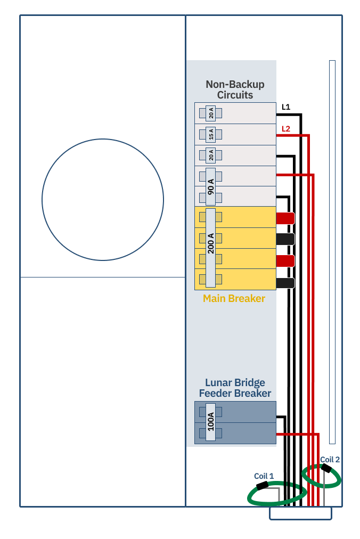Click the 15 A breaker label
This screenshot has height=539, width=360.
pos(211,134)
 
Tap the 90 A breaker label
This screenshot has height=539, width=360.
pos(211,186)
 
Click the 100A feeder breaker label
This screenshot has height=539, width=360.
pos(211,422)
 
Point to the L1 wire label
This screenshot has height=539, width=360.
pos(286,107)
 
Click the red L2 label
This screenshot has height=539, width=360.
pos(286,129)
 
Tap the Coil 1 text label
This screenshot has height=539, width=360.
pos(264,476)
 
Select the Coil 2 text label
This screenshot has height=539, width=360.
pos(330,460)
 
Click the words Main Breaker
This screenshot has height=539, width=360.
pos(234,298)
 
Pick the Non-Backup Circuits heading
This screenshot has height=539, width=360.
pos(235,89)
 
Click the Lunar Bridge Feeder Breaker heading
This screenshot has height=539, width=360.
pos(235,388)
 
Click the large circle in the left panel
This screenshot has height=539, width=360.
pos(103,139)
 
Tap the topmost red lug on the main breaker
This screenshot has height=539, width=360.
pos(285,218)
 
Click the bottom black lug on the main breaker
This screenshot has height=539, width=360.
pos(285,283)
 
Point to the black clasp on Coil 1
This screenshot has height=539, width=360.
pos(263,485)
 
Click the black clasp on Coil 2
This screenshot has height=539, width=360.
pos(325,468)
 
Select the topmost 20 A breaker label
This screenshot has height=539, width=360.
pos(211,113)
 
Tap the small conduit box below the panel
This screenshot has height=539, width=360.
pos(300,513)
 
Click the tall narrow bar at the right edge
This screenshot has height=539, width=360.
pos(332,252)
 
